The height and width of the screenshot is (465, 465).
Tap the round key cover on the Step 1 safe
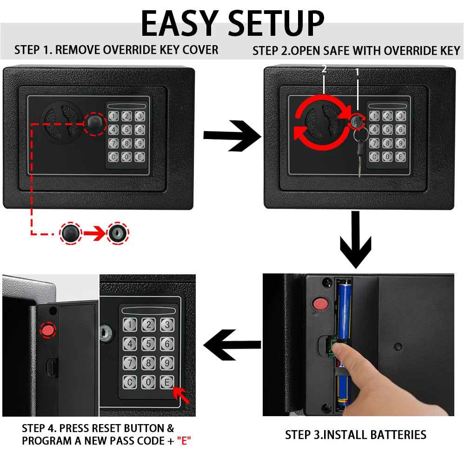pyautogui.click(x=94, y=123)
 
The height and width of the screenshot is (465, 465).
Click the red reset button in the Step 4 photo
pyautogui.click(x=47, y=330)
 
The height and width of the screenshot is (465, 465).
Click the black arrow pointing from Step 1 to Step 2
pyautogui.click(x=231, y=135)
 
